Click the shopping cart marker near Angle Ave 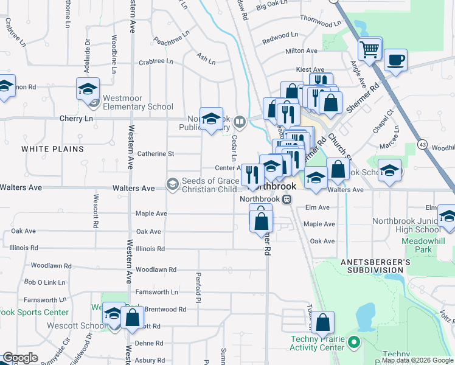[x=370, y=50]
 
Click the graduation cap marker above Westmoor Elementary [x=88, y=89]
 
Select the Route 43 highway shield [x=423, y=144]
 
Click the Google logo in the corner [x=20, y=358]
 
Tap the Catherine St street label [x=156, y=154]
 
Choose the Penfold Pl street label [x=198, y=288]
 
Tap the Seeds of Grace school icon [x=173, y=183]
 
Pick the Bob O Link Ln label [x=44, y=282]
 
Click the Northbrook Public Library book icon [x=240, y=121]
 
